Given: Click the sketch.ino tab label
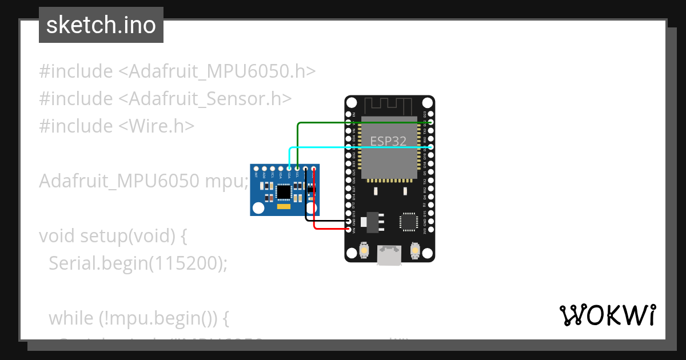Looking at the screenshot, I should (101, 25).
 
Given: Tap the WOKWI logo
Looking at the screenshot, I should (607, 315).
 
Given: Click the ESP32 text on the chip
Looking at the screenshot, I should (389, 141).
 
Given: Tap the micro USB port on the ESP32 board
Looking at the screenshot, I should (389, 255).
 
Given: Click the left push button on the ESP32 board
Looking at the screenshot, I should (364, 250).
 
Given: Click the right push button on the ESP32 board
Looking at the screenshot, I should (416, 250).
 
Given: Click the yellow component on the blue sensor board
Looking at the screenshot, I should (284, 207).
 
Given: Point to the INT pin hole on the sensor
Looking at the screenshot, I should (257, 169).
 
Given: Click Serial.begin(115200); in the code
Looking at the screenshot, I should (138, 263).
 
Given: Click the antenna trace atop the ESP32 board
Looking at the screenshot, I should (389, 105).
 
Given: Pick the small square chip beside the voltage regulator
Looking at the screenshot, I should (409, 222).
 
